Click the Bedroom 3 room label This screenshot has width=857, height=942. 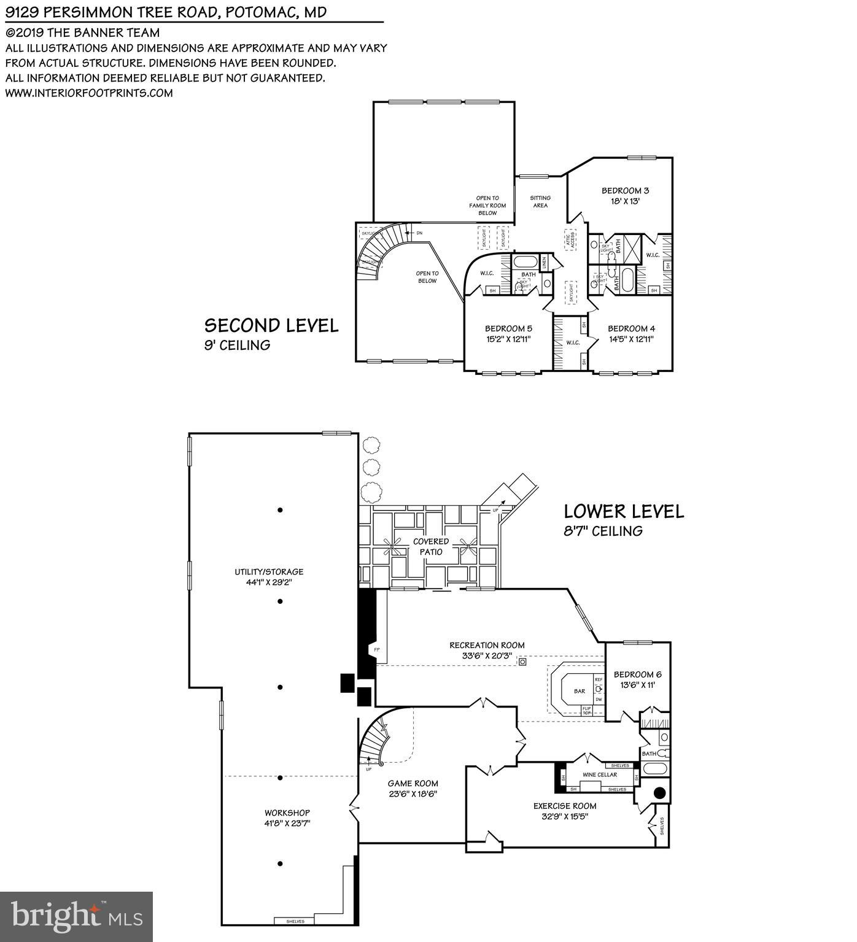[625, 191]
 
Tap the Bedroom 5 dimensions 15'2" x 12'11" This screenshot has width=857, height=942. [508, 339]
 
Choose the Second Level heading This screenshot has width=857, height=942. [271, 325]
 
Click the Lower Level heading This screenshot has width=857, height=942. [624, 511]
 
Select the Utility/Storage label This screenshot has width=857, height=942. [269, 572]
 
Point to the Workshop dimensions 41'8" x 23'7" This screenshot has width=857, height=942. [287, 824]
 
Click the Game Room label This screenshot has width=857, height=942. [413, 783]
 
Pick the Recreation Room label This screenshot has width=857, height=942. [487, 645]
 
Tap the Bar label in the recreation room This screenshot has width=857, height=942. [579, 691]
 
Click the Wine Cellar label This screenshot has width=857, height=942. [600, 774]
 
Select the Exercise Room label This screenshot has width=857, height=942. [565, 806]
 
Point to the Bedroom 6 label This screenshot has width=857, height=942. [637, 674]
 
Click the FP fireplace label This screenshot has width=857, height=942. [376, 649]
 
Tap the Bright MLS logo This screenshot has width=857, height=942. [76, 916]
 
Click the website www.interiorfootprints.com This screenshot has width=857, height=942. [89, 93]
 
